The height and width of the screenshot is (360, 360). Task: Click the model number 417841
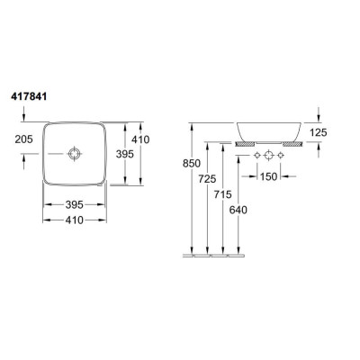(x=29, y=96)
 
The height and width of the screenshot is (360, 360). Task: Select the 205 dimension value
(x=23, y=139)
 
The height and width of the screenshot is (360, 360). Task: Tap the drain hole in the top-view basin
(x=74, y=154)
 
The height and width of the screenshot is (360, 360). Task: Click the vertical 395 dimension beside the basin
(x=125, y=154)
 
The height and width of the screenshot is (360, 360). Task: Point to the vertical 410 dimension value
(x=140, y=139)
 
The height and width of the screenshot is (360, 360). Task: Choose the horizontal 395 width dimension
(x=74, y=204)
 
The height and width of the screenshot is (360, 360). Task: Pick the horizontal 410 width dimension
(x=74, y=220)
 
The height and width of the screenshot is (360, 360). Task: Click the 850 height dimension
(x=192, y=164)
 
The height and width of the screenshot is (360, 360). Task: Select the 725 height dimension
(x=207, y=179)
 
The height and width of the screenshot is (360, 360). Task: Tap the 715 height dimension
(x=222, y=194)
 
